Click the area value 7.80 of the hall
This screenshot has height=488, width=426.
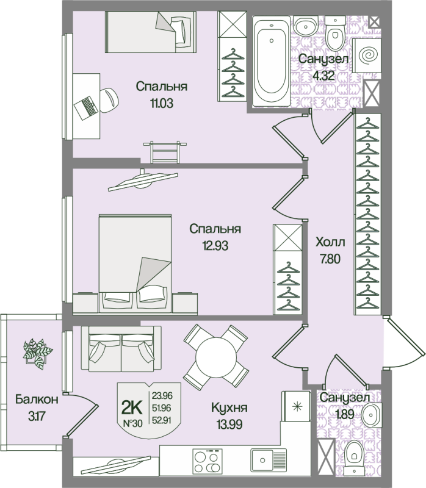pos(330,257)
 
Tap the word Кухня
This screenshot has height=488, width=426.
pos(229,407)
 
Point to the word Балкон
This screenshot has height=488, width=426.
pos(37,400)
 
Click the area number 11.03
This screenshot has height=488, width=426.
pos(161,103)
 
